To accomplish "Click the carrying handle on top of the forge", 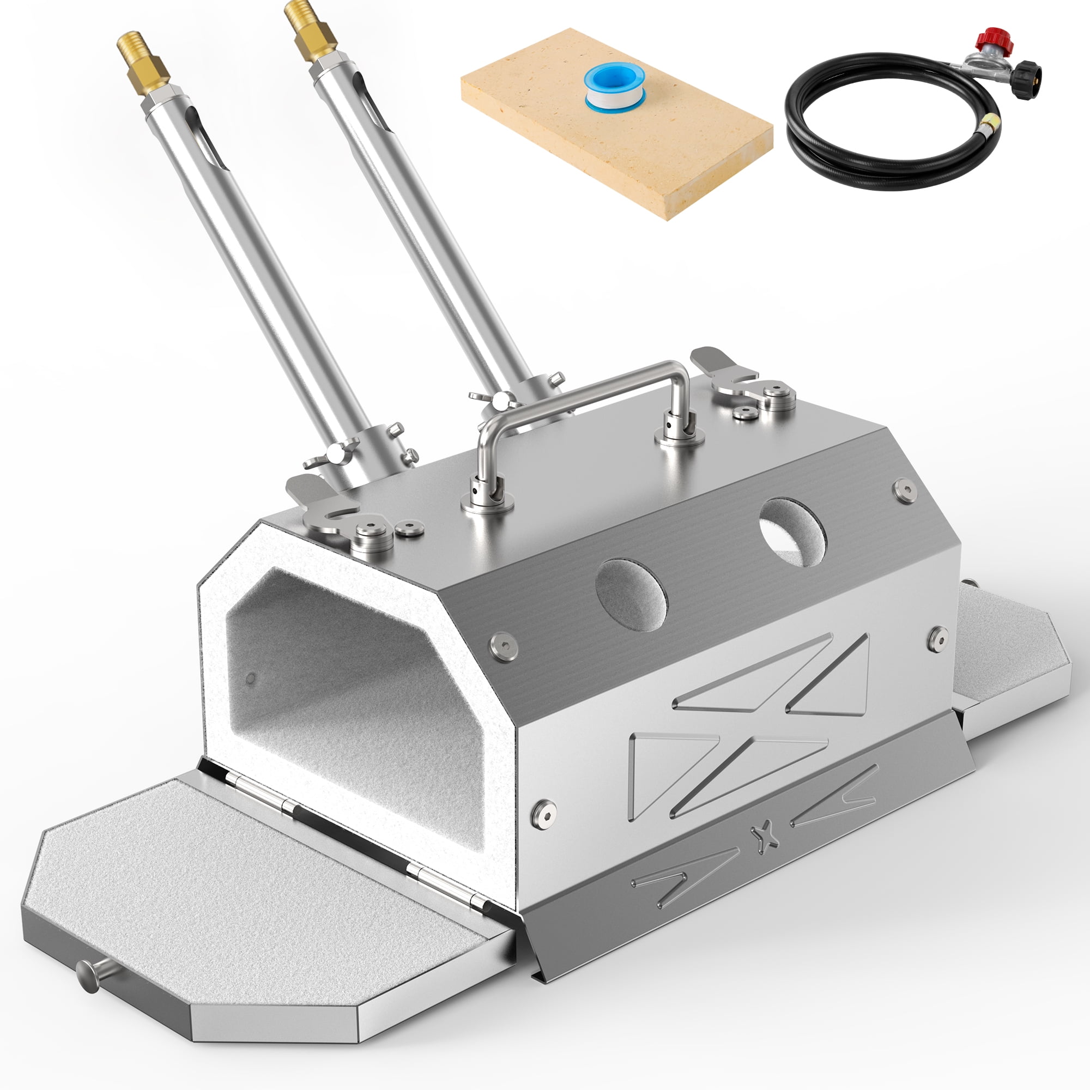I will (x=581, y=387).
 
